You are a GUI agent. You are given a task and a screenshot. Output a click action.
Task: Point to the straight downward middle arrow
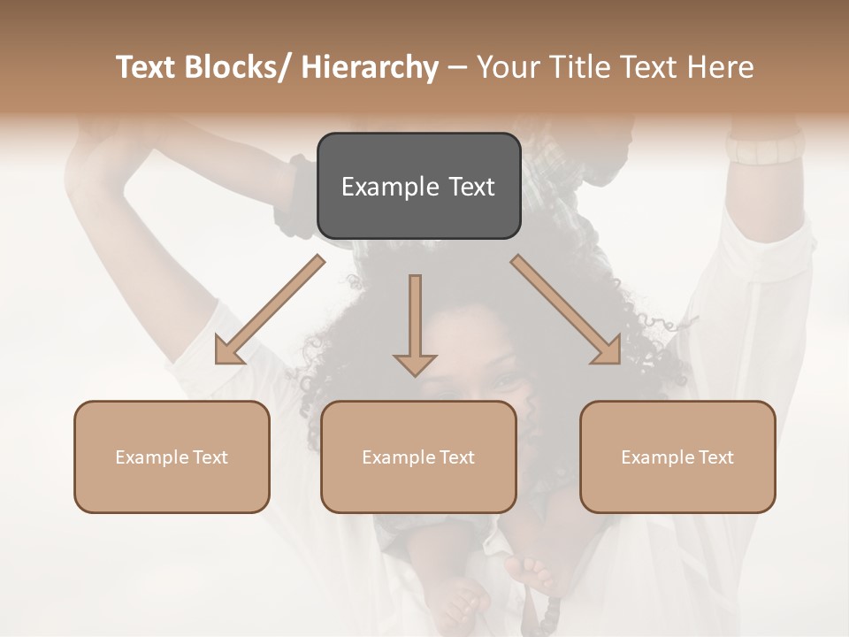(x=415, y=318)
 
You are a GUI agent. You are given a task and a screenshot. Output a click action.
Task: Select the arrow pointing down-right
(x=566, y=310)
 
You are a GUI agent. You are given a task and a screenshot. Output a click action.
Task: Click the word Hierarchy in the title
(x=370, y=68)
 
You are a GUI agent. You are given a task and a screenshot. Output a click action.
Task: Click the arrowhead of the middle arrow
(x=415, y=364)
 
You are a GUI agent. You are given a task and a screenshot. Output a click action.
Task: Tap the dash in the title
(x=457, y=68)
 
